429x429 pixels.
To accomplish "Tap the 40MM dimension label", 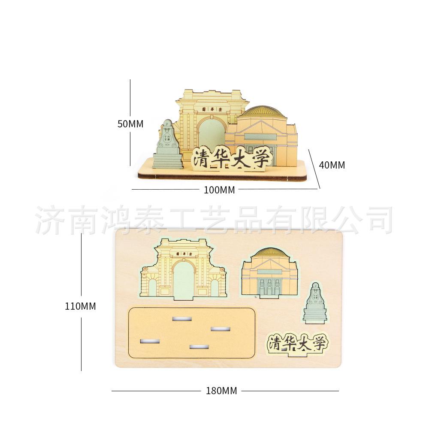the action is point(332,164).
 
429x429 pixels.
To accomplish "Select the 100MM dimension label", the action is point(219,190).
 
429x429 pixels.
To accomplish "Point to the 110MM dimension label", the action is point(80,306).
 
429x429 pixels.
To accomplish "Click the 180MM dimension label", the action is point(221,391).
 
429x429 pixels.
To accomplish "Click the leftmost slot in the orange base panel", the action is point(150,341).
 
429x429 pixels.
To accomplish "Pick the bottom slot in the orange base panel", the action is point(199,346).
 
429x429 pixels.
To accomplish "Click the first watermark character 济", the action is point(48,220).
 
